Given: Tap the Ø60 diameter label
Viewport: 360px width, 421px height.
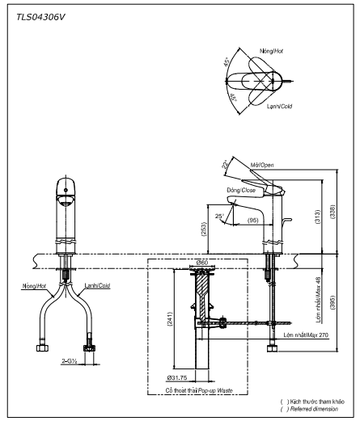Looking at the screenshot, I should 202,263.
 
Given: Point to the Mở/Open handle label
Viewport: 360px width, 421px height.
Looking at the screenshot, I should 262,165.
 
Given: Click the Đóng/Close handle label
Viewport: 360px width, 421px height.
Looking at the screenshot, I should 242,191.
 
